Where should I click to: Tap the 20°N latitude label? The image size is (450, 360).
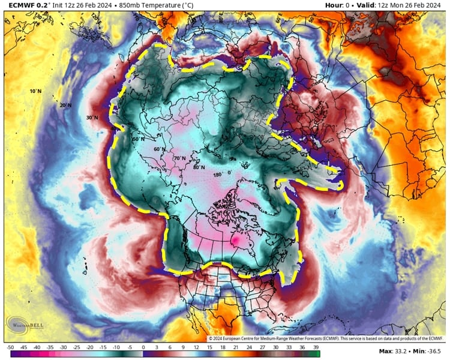65,106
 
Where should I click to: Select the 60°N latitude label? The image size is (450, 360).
159,149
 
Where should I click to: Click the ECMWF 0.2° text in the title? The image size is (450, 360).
27,5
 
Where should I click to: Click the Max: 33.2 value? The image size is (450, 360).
394,351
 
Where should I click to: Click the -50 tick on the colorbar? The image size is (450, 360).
10,347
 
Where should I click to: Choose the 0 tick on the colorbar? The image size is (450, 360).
143,347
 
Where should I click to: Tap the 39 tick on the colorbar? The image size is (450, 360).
316,347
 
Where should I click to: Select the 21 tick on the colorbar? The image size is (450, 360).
236,347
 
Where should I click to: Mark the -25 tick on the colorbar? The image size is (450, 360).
77,347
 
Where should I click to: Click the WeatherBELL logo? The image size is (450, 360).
27,325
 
